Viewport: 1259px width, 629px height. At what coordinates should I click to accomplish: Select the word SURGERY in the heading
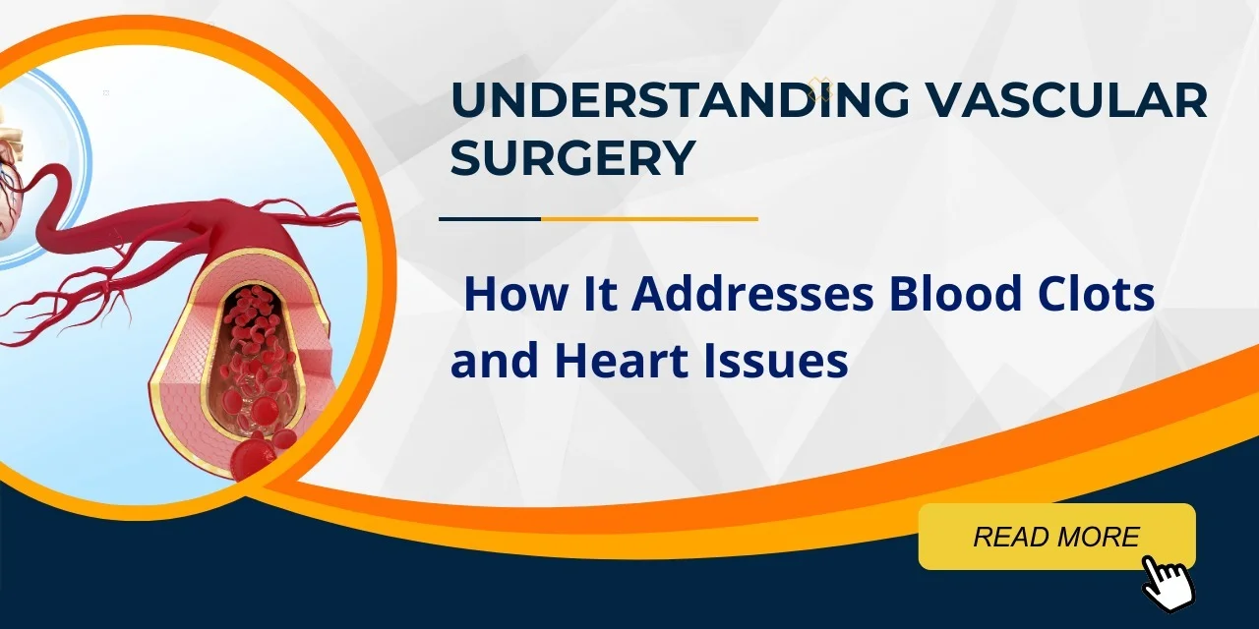coord(572,158)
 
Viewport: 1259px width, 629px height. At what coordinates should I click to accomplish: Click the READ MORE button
coord(1056,537)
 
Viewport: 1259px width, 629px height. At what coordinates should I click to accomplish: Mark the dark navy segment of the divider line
coord(490,218)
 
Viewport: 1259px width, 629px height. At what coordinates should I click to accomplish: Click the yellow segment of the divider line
coord(649,218)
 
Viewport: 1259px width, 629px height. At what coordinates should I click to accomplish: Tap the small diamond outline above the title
coord(819,89)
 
